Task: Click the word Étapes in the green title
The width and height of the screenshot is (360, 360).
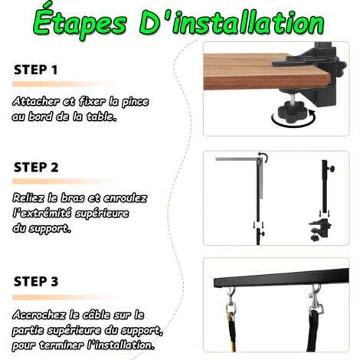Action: [80, 24]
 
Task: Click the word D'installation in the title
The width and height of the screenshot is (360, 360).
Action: [232, 22]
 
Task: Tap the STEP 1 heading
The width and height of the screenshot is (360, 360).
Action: [35, 70]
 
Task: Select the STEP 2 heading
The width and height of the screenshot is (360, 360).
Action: [36, 168]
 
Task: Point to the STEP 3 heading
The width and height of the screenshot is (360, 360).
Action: [36, 281]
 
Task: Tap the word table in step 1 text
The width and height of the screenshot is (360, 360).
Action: [101, 116]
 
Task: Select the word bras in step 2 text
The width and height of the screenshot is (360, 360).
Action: [73, 198]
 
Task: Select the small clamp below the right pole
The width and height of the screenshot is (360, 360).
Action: [320, 229]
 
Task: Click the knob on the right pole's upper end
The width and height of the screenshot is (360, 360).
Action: [332, 169]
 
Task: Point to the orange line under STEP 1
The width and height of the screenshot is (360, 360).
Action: [64, 84]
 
